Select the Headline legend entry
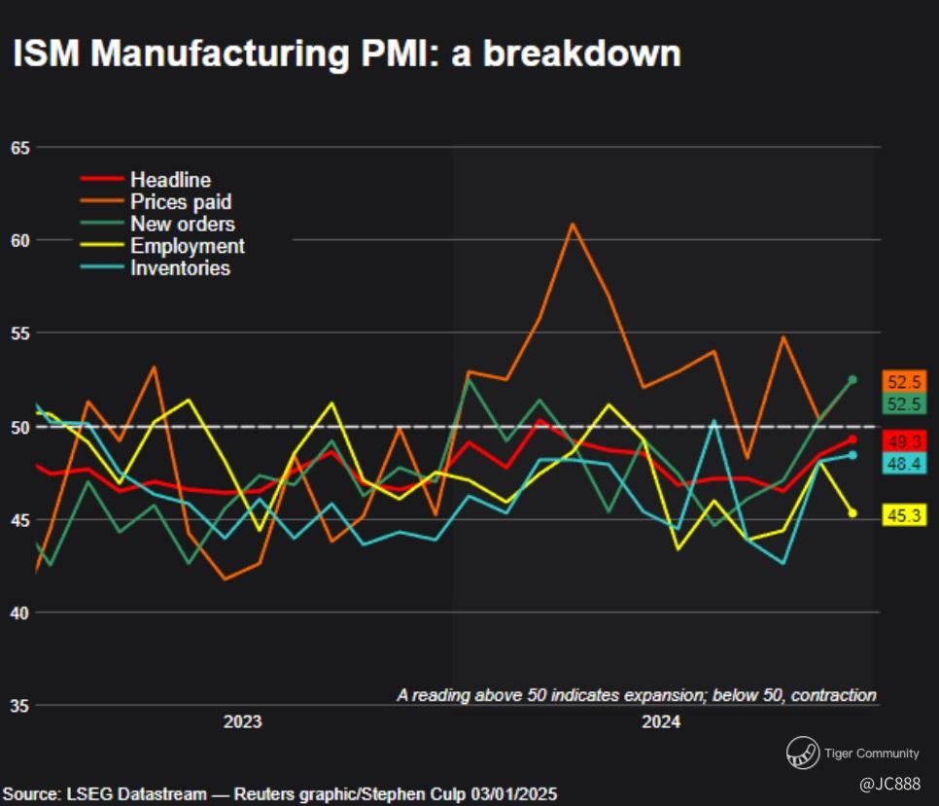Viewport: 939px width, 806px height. (170, 180)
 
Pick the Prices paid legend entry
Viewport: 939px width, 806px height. (181, 202)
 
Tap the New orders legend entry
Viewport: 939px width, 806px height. (182, 225)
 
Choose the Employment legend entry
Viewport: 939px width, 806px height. (187, 246)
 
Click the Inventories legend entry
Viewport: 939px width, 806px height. (180, 268)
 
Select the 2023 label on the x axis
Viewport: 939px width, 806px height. (242, 722)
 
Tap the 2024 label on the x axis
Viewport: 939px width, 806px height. (661, 722)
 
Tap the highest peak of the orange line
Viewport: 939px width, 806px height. (572, 224)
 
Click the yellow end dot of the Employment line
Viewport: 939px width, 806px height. (852, 513)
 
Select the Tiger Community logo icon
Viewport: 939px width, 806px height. (802, 753)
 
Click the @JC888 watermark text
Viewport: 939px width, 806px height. (888, 784)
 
